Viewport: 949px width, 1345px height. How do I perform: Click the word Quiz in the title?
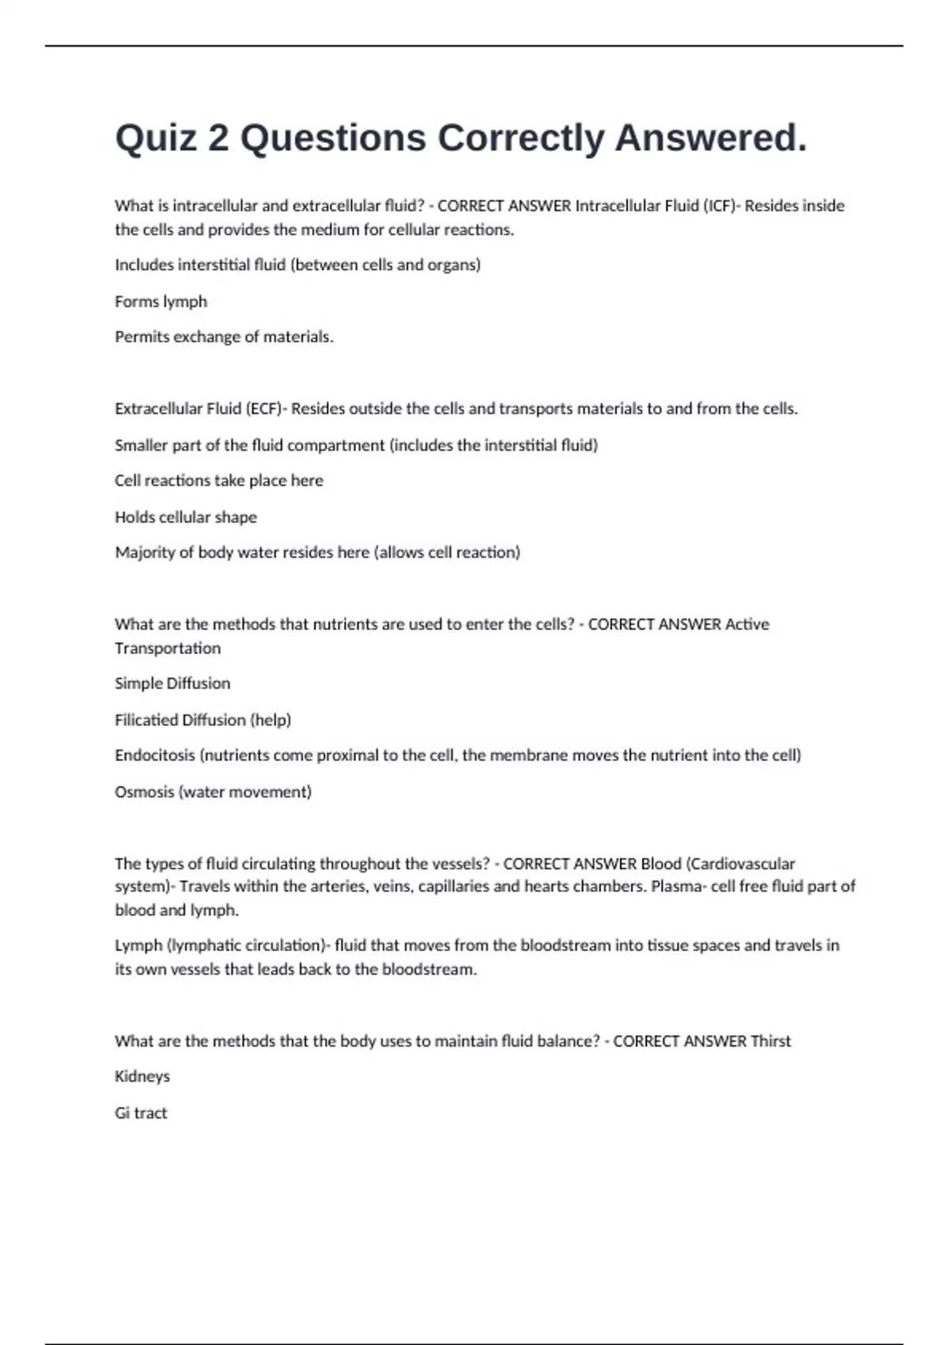click(x=156, y=138)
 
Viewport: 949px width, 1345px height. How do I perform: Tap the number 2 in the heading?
click(x=218, y=138)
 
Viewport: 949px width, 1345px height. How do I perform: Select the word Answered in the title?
click(x=711, y=138)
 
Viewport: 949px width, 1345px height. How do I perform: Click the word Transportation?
click(x=168, y=649)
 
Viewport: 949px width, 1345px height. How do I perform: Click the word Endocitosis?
click(x=155, y=756)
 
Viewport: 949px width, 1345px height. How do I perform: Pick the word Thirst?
click(x=770, y=1041)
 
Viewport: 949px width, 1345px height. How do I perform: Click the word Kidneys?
click(x=142, y=1077)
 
